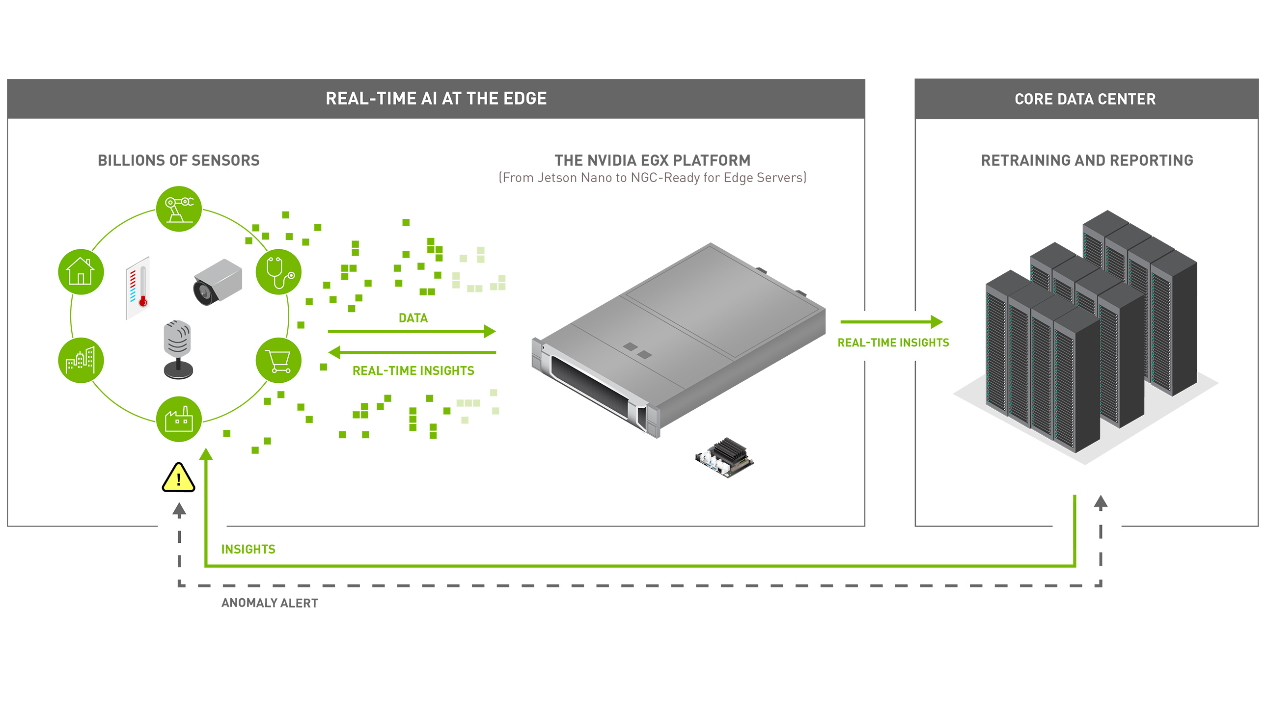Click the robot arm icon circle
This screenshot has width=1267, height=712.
click(179, 209)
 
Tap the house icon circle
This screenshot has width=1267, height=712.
click(81, 272)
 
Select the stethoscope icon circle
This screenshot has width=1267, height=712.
click(278, 272)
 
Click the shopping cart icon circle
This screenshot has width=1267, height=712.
click(278, 360)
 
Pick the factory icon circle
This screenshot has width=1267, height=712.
click(179, 419)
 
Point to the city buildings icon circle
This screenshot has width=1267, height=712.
click(81, 360)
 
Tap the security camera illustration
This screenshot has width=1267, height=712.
click(218, 282)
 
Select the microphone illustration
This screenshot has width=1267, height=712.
click(178, 349)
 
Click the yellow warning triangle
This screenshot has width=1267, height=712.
click(179, 477)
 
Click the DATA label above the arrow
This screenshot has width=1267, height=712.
click(413, 318)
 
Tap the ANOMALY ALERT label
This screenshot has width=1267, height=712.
click(270, 603)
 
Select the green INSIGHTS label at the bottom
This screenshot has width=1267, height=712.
click(248, 549)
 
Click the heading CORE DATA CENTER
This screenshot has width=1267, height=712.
click(1085, 99)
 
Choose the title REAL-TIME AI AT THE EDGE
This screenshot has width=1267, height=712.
click(436, 98)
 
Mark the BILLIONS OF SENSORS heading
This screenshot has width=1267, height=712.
click(179, 160)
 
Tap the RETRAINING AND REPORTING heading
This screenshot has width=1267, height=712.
click(1087, 160)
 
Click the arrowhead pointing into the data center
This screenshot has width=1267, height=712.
click(937, 322)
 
